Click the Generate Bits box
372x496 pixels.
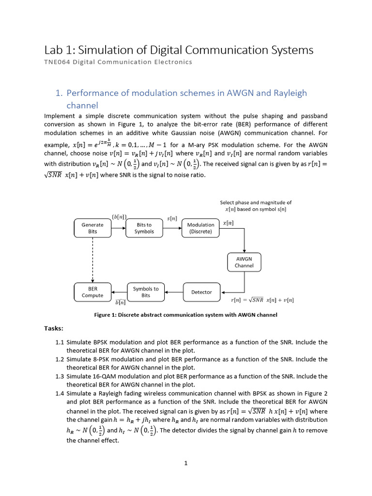[x=93, y=228]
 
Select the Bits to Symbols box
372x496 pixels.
[x=144, y=228]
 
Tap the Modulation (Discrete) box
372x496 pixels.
[x=201, y=228]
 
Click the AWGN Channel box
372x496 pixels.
[x=244, y=262]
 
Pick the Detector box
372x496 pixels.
[x=201, y=292]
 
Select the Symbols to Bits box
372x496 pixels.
[x=146, y=292]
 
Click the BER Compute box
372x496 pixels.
[x=93, y=292]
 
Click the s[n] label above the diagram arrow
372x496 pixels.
[x=172, y=219]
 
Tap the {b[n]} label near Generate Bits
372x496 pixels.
[x=119, y=217]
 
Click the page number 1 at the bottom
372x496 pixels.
[x=186, y=463]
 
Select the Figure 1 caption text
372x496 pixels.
[x=186, y=315]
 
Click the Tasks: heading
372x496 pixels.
[x=54, y=328]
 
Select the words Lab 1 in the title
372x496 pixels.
[x=58, y=50]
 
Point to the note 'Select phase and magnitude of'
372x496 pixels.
[x=256, y=202]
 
